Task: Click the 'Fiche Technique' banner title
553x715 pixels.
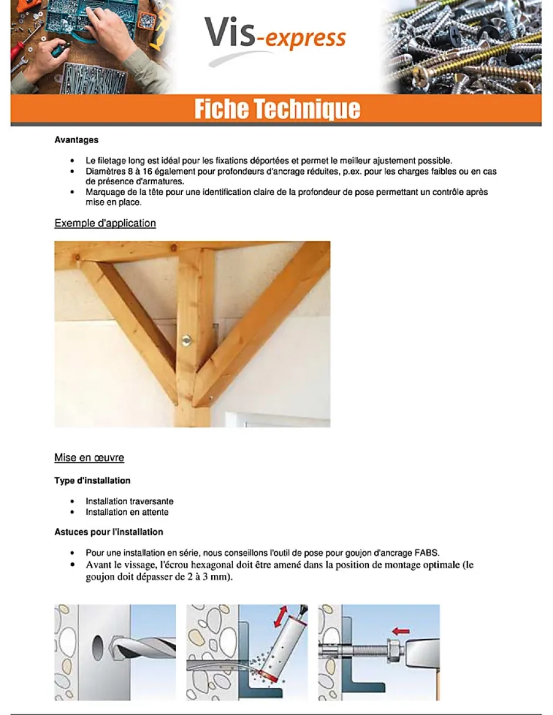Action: (x=277, y=110)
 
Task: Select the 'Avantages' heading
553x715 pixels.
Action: (x=76, y=140)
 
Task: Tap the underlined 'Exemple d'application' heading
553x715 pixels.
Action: (x=105, y=223)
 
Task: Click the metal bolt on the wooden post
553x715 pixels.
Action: (x=186, y=340)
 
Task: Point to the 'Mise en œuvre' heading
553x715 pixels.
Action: (x=89, y=458)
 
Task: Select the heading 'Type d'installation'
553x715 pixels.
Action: (x=92, y=481)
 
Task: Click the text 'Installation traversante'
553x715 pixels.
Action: (x=129, y=501)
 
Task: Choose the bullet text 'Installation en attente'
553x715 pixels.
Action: (x=127, y=512)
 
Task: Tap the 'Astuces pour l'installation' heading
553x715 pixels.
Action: (x=109, y=532)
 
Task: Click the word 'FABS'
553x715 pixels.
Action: (x=427, y=552)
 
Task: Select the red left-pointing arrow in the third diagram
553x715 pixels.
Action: (x=400, y=631)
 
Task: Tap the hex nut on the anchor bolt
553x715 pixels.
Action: (x=393, y=651)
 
